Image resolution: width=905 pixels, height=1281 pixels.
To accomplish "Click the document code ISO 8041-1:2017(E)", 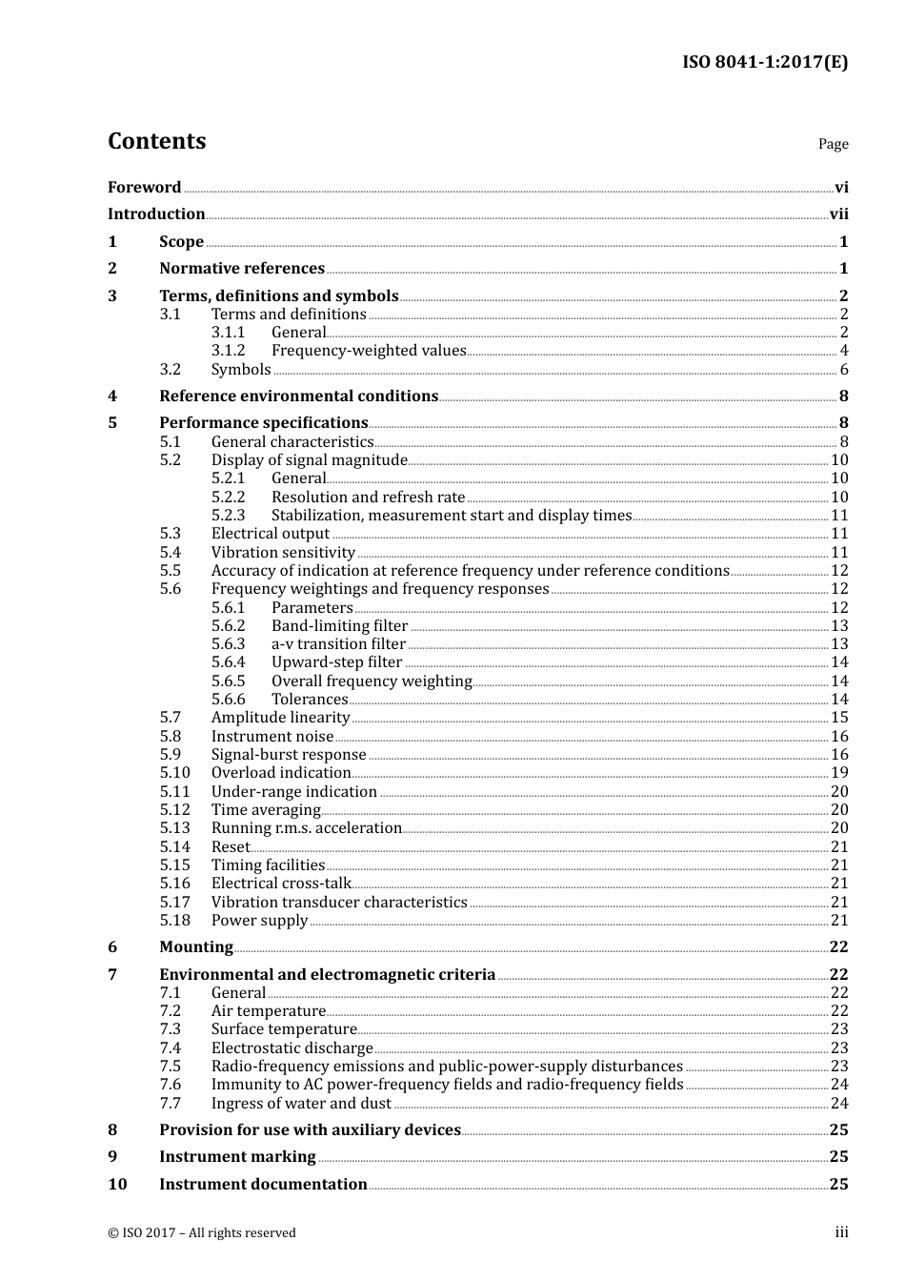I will pyautogui.click(x=764, y=62).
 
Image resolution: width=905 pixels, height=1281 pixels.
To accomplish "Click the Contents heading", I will pyautogui.click(x=156, y=141).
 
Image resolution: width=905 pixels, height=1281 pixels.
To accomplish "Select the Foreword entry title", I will pyautogui.click(x=144, y=188).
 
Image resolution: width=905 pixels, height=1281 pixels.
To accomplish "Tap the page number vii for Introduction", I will pyautogui.click(x=838, y=214).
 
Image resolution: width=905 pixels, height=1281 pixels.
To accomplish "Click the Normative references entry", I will pyautogui.click(x=242, y=269).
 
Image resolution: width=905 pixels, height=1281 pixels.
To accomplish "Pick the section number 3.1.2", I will pyautogui.click(x=228, y=351).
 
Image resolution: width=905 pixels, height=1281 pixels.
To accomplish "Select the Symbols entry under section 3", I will pyautogui.click(x=241, y=370).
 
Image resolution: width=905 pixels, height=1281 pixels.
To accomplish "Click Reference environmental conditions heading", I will pyautogui.click(x=298, y=396).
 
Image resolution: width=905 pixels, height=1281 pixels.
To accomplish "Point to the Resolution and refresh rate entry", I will pyautogui.click(x=368, y=498).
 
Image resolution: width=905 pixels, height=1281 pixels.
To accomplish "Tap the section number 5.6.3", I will pyautogui.click(x=228, y=644).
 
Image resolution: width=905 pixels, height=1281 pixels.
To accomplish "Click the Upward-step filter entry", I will pyautogui.click(x=336, y=662).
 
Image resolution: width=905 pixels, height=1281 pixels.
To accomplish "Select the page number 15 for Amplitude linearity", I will pyautogui.click(x=838, y=718).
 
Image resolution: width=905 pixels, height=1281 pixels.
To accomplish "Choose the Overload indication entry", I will pyautogui.click(x=281, y=773).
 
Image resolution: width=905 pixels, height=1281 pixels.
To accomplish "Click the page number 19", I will pyautogui.click(x=838, y=773).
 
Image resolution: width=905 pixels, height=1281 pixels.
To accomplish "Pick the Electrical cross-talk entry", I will pyautogui.click(x=281, y=884).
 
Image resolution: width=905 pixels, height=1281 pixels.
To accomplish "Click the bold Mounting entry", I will pyautogui.click(x=195, y=947).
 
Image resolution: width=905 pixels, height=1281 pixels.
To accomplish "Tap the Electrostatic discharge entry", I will pyautogui.click(x=292, y=1048).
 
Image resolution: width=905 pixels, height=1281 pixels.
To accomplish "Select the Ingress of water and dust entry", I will pyautogui.click(x=301, y=1104).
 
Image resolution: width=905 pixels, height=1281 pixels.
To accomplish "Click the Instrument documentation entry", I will pyautogui.click(x=263, y=1185).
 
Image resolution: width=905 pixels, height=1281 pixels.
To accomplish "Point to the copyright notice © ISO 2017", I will pyautogui.click(x=201, y=1233).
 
